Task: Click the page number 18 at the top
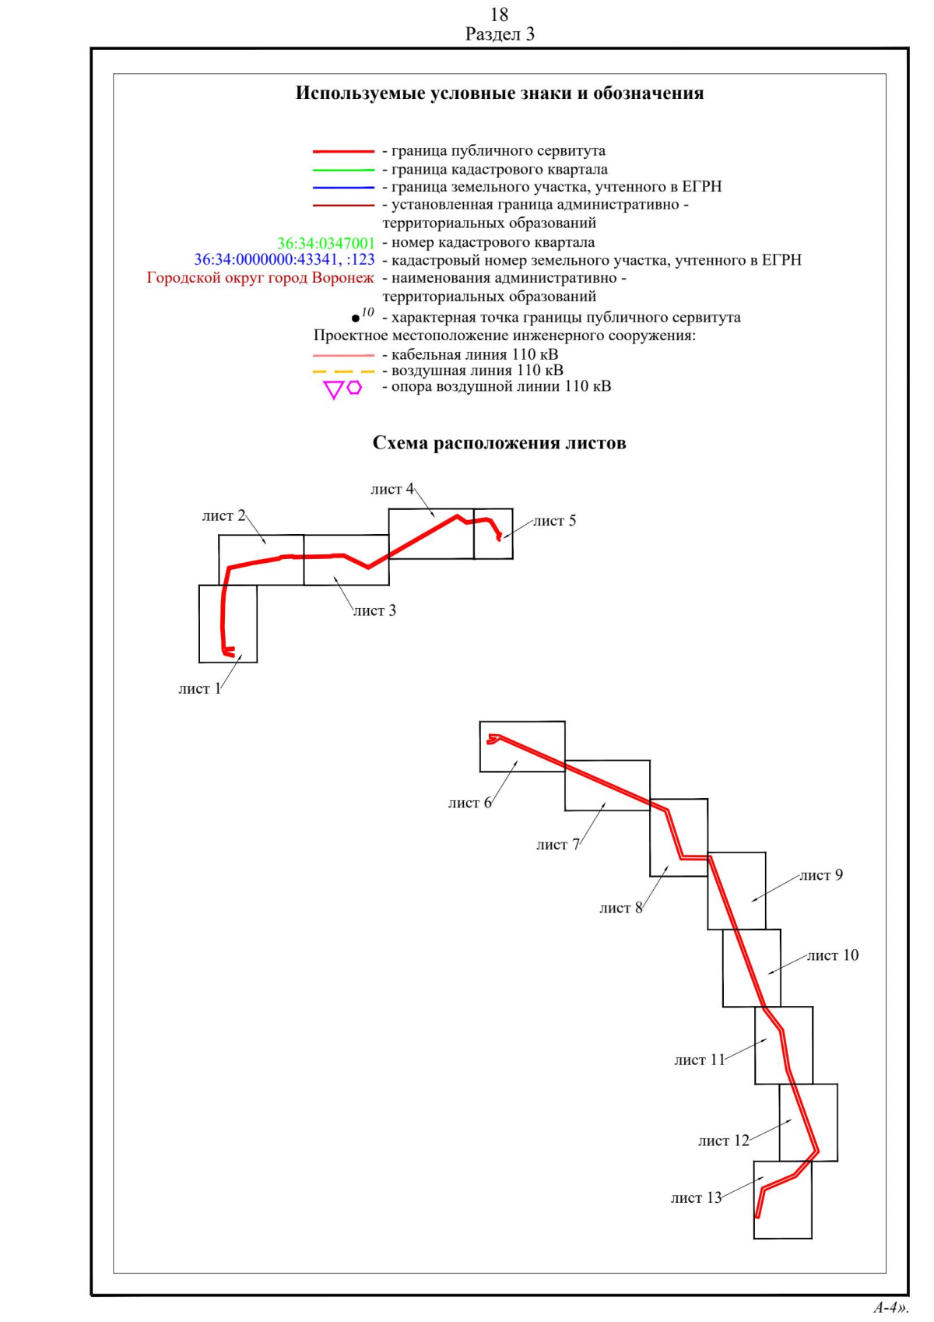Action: click(499, 14)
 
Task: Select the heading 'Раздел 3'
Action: click(500, 34)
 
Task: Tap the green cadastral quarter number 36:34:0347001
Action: click(325, 243)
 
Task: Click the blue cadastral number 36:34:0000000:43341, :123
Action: click(284, 260)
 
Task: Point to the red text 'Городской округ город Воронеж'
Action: click(260, 278)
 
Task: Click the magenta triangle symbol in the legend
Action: click(333, 390)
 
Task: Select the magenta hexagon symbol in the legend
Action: click(355, 387)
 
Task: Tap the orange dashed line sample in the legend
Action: click(343, 371)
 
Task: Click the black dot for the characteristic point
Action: click(356, 318)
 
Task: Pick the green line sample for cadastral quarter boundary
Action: click(343, 170)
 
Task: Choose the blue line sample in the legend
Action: click(343, 188)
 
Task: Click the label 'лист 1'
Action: click(199, 689)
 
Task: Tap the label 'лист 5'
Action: click(554, 521)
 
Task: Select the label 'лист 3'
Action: click(374, 611)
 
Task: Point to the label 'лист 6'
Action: click(469, 803)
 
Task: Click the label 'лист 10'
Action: click(832, 956)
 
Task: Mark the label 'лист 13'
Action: click(696, 1198)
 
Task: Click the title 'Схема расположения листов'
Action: click(499, 444)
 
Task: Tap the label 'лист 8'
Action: click(620, 909)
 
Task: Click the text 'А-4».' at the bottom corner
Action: click(890, 1307)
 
